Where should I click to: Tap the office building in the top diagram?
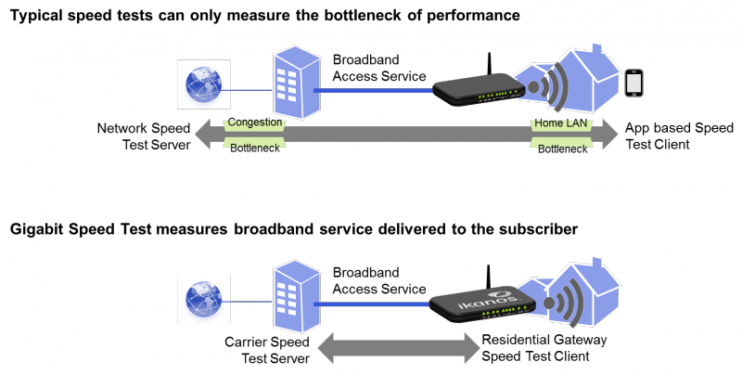pos(295,84)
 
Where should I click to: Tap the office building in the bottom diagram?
pos(295,295)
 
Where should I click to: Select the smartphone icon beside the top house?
pos(634,84)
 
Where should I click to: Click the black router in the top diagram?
pos(477,87)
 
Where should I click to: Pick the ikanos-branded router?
pos(480,302)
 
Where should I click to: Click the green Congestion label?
pos(253,123)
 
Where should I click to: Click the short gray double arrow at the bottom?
pos(396,351)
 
